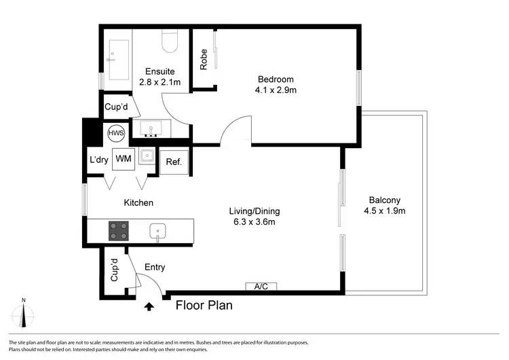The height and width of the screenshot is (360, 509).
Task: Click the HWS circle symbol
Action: (112, 133)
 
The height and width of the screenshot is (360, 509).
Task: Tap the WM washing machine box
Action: (123, 159)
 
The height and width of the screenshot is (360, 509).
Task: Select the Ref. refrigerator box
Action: (173, 161)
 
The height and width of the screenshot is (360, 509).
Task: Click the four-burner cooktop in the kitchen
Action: (119, 231)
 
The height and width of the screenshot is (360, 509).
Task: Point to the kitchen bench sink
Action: (158, 231)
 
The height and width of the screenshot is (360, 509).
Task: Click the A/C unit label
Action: (261, 287)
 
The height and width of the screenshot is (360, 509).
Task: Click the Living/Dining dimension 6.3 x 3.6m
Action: (254, 221)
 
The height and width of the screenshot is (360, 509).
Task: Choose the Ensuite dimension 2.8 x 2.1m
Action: (160, 82)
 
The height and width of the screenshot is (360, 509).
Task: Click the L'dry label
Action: (99, 160)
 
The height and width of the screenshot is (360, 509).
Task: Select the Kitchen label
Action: (138, 202)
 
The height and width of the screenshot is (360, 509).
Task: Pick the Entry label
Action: (154, 268)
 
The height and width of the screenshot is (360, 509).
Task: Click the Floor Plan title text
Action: (204, 306)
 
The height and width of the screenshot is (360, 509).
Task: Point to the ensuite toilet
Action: (170, 42)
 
